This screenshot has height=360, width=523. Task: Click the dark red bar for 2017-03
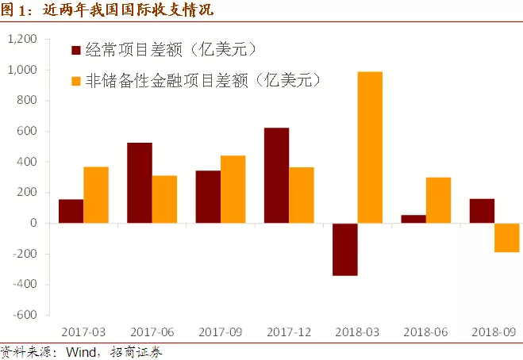(x=71, y=211)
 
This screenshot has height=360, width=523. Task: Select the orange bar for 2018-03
(x=370, y=147)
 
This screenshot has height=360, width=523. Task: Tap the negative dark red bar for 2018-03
(x=345, y=249)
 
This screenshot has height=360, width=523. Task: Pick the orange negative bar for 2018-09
(x=506, y=238)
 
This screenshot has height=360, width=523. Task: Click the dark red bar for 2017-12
(x=276, y=175)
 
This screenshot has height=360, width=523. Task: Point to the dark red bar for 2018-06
(x=413, y=219)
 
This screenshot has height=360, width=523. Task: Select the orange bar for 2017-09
(x=233, y=190)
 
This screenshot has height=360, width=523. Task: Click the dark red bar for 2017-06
(x=140, y=182)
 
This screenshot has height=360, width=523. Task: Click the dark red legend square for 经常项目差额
(x=77, y=51)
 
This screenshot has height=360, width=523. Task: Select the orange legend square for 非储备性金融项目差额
(x=77, y=81)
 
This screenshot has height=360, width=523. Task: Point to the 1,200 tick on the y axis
(x=21, y=40)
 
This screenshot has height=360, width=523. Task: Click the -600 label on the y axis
(x=25, y=315)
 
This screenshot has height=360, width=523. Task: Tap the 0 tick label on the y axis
(x=34, y=224)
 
